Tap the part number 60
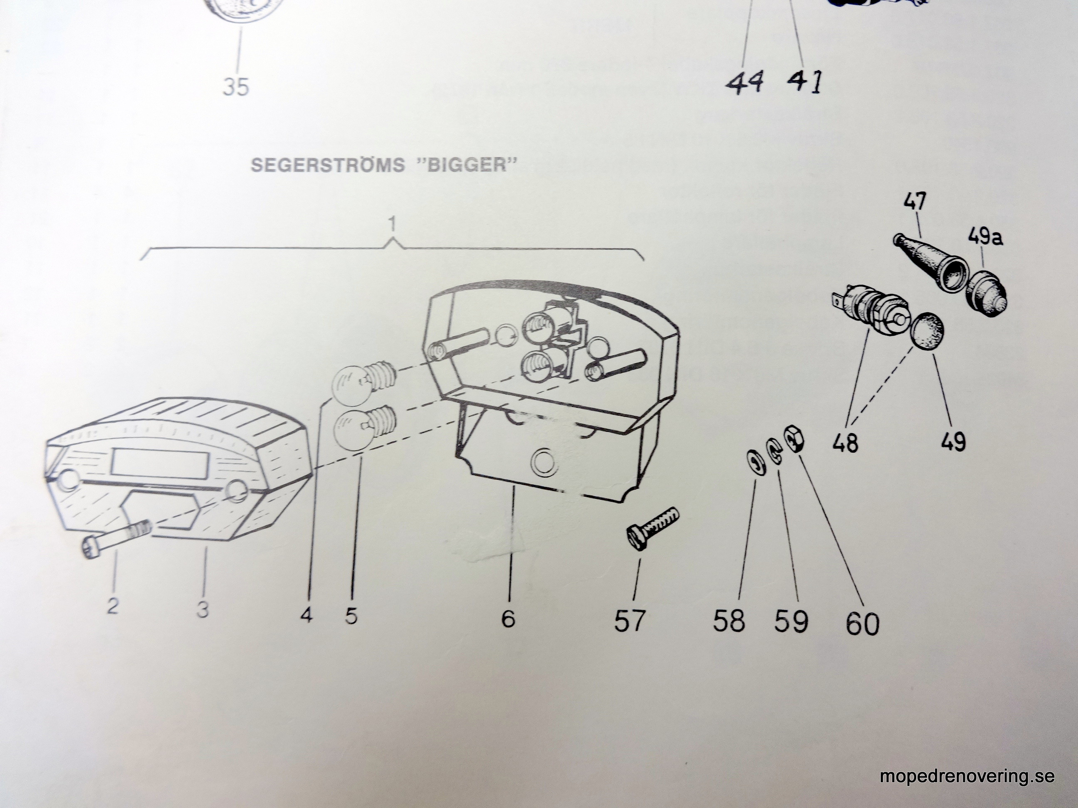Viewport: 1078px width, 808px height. point(862,622)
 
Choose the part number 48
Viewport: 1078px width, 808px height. point(846,444)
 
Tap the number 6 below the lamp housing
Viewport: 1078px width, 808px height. point(508,618)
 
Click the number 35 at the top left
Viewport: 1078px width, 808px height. point(236,88)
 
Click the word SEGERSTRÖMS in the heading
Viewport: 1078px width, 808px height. point(327,165)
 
